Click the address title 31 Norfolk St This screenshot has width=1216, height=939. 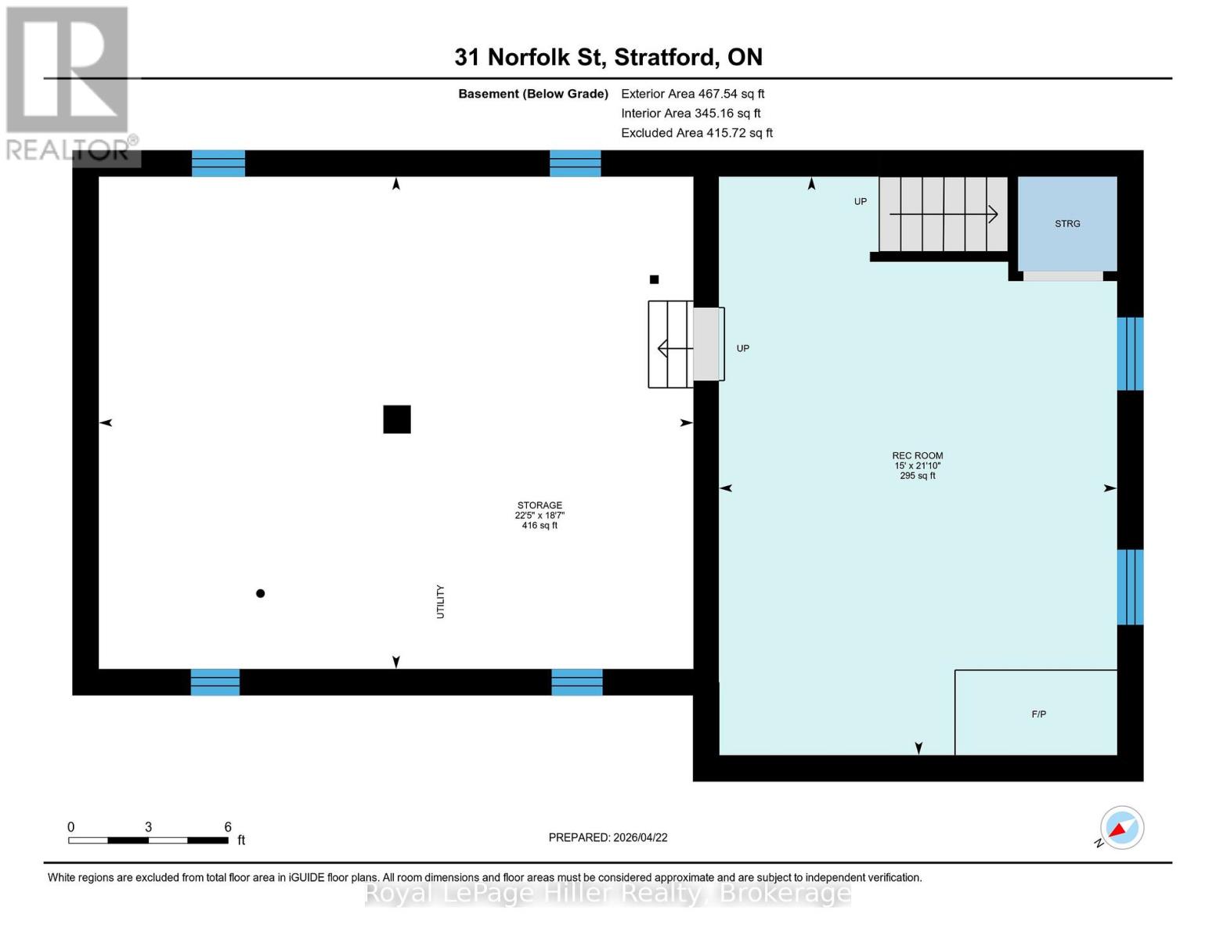[608, 57]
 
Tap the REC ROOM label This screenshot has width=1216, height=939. [917, 455]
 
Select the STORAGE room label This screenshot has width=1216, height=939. [539, 505]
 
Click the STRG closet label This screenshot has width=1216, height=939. [1067, 224]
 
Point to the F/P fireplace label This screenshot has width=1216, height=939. [1038, 714]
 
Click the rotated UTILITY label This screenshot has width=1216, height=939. [440, 602]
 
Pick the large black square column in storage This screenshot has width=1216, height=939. [397, 419]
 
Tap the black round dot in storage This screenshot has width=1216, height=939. [261, 593]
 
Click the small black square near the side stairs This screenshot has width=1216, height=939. [655, 279]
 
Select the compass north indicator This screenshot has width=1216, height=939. [1121, 828]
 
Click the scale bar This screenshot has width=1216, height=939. [148, 840]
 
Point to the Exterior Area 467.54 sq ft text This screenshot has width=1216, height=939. [692, 94]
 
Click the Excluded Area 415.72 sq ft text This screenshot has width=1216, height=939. [696, 133]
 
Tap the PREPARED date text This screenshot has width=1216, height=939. [608, 837]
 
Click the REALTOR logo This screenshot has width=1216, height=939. [69, 82]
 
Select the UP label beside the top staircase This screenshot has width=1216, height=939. [861, 202]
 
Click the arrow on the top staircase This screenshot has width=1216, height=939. [944, 214]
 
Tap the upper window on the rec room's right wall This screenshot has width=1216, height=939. [1130, 354]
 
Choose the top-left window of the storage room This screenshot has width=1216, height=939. [218, 164]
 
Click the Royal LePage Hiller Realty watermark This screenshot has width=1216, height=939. [608, 893]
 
